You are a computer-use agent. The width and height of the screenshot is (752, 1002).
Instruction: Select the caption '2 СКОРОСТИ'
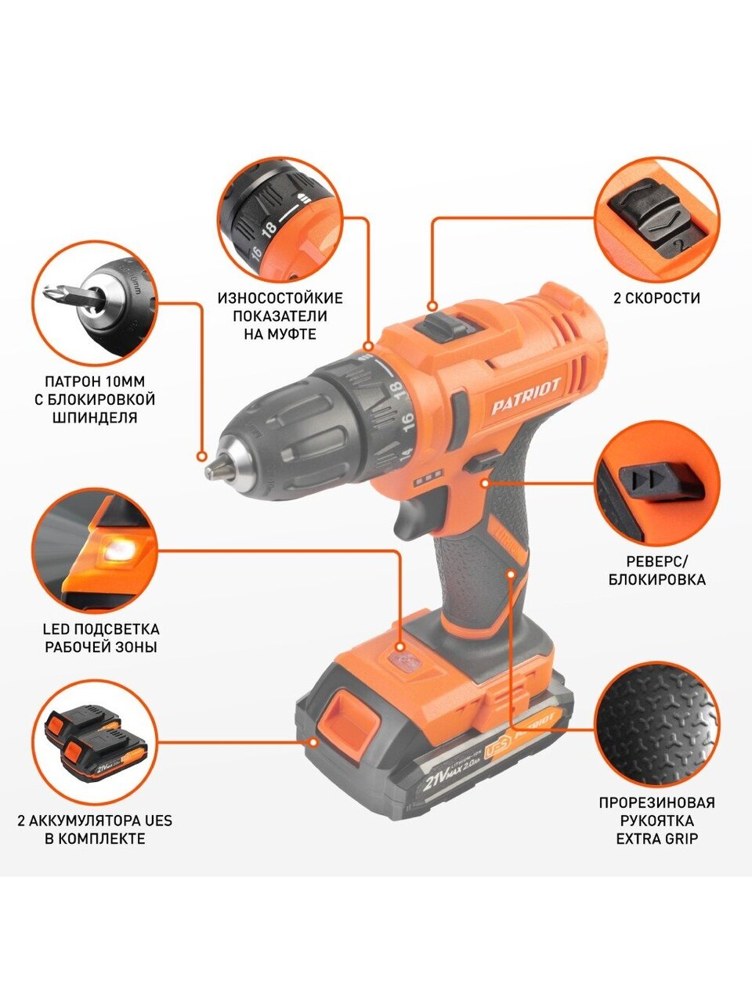(x=656, y=298)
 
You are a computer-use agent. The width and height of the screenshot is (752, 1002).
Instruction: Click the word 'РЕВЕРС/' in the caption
(x=656, y=561)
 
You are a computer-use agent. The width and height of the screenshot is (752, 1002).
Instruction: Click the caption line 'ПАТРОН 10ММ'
(x=96, y=381)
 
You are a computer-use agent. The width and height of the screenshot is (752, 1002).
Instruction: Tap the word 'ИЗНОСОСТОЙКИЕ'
(x=280, y=298)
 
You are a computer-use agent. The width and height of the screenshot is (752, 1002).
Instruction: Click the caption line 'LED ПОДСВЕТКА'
(x=101, y=629)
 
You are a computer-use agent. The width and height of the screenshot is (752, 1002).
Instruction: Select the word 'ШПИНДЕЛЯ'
(x=95, y=417)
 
